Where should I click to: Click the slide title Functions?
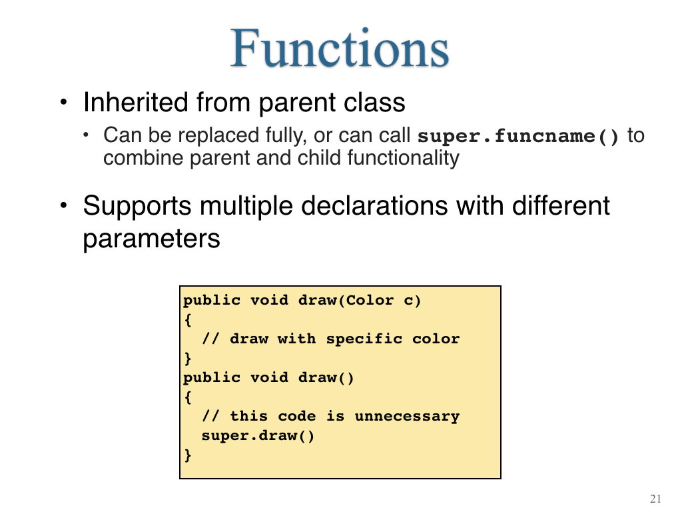(x=340, y=48)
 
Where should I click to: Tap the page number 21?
(x=655, y=499)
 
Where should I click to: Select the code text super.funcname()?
(x=517, y=136)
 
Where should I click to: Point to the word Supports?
(x=137, y=207)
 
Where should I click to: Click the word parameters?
(x=151, y=239)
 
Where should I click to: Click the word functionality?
(x=403, y=158)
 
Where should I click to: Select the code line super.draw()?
(x=258, y=435)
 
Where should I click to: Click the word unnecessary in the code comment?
(x=407, y=417)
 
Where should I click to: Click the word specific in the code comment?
(x=364, y=339)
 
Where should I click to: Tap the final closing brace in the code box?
(x=188, y=455)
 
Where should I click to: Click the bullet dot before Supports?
(x=64, y=205)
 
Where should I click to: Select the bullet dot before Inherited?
(x=64, y=102)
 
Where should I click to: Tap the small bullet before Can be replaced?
(x=86, y=135)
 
